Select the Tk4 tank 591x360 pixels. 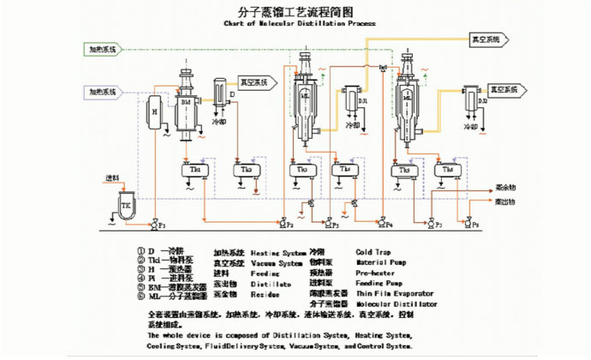(x=349, y=171)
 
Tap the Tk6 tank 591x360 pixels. (x=449, y=171)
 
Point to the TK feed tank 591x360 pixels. (x=127, y=207)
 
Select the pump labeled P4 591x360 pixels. (x=380, y=225)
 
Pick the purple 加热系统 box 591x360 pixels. (x=102, y=91)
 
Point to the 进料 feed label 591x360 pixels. (x=112, y=177)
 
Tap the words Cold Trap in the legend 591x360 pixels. (x=373, y=252)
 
